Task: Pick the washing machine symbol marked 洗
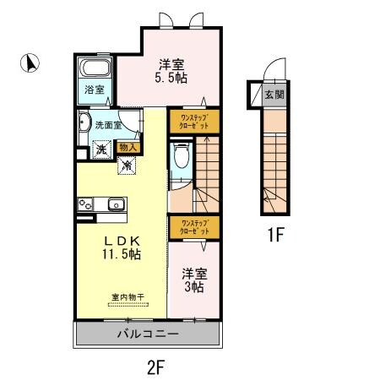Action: pyautogui.click(x=100, y=149)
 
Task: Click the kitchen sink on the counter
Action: pyautogui.click(x=115, y=204)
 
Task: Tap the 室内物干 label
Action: pyautogui.click(x=128, y=297)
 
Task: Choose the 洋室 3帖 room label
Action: pyautogui.click(x=193, y=280)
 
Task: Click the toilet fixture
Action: pyautogui.click(x=180, y=158)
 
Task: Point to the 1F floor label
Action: pyautogui.click(x=275, y=235)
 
